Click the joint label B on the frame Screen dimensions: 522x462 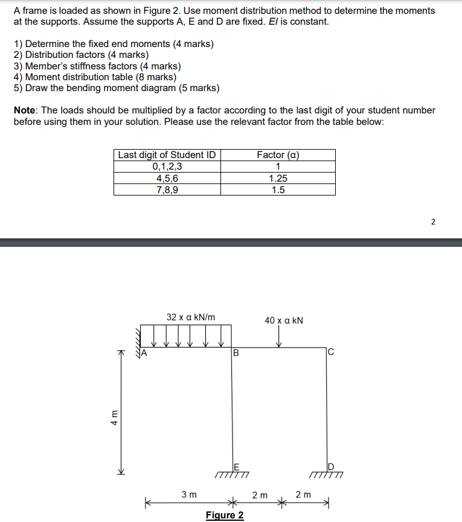236,353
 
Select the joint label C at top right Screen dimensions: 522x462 330,353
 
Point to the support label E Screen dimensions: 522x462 236,466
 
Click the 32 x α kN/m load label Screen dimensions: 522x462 191,317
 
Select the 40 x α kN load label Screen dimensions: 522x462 284,319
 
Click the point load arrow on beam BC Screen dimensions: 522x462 278,339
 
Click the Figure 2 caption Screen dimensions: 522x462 225,515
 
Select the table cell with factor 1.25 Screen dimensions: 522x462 278,179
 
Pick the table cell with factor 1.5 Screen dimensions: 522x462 278,189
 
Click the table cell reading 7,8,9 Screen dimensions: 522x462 167,189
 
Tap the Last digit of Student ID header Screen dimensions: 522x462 167,155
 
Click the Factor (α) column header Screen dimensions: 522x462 278,155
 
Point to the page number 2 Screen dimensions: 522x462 433,221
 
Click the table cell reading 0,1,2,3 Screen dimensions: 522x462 167,167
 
